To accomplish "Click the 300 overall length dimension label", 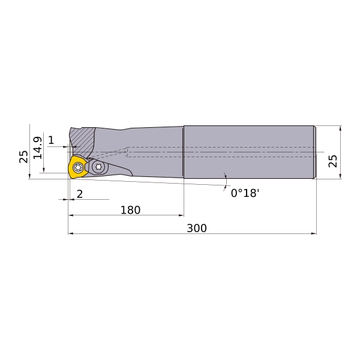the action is tap(197, 228).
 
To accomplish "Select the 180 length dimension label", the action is tap(130, 210).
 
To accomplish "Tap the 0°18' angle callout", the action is tap(245, 193).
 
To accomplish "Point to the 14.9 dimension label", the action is tap(38, 148).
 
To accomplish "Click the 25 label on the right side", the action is tap(332, 161).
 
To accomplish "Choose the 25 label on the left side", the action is tap(23, 157).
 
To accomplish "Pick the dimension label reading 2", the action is tap(79, 194).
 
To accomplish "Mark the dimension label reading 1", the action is tap(51, 140).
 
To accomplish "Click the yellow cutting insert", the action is tap(77, 167).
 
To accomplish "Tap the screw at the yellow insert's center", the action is tap(78, 167).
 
